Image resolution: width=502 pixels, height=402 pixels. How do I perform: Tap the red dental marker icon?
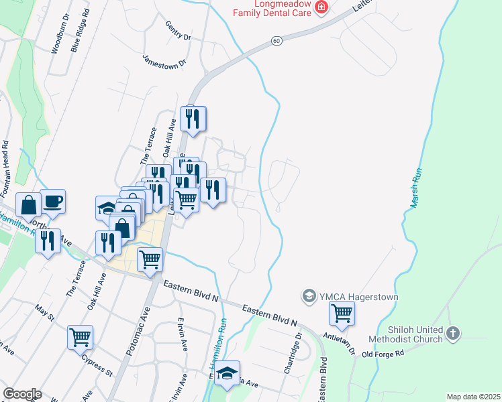[321, 7]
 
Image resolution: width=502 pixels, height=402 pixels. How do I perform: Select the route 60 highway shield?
[277, 41]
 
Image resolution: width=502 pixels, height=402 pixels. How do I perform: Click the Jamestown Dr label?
[164, 60]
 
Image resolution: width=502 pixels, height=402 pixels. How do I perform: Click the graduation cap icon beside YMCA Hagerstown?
[309, 295]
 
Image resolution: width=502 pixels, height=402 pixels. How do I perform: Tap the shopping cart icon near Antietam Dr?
[342, 313]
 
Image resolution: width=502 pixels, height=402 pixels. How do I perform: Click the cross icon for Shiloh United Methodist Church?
[453, 333]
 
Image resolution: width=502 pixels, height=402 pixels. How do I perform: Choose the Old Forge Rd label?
[383, 354]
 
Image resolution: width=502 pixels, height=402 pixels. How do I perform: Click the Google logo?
[21, 394]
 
